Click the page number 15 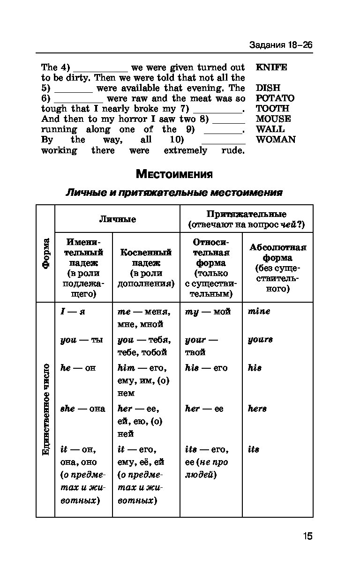(307, 536)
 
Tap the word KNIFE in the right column (271, 67)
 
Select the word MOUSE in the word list (273, 119)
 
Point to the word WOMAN (276, 140)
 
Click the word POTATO (275, 98)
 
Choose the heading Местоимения (174, 175)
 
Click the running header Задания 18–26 (280, 45)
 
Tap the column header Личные (117, 219)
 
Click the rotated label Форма (45, 253)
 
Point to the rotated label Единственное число (45, 409)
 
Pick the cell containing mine (259, 311)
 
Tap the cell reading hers (257, 409)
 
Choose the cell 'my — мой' (208, 311)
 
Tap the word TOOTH (272, 109)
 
